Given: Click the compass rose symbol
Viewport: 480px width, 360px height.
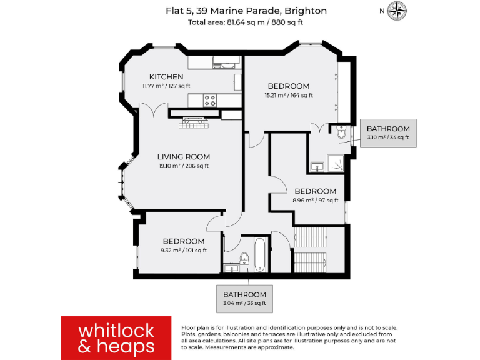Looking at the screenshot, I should tap(397, 11).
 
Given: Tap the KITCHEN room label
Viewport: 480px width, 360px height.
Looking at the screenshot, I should tap(166, 77).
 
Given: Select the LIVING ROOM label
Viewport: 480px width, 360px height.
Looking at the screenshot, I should tap(183, 157).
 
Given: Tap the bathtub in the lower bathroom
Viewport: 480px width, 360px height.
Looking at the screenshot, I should tap(259, 256).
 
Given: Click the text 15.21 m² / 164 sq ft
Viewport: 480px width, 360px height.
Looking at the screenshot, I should tap(288, 96).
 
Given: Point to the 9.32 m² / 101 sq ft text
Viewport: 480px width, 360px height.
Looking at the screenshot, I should tap(183, 251).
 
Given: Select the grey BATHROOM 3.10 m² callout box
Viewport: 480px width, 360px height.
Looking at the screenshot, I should tap(388, 132).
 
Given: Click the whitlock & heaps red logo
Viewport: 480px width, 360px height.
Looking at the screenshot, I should tap(116, 337).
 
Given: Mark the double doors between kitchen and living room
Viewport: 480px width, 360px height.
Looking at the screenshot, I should tap(154, 111).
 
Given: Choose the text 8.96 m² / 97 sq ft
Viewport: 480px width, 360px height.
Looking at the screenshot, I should tap(316, 201).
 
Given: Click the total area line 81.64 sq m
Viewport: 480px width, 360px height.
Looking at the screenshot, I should tap(245, 22).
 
